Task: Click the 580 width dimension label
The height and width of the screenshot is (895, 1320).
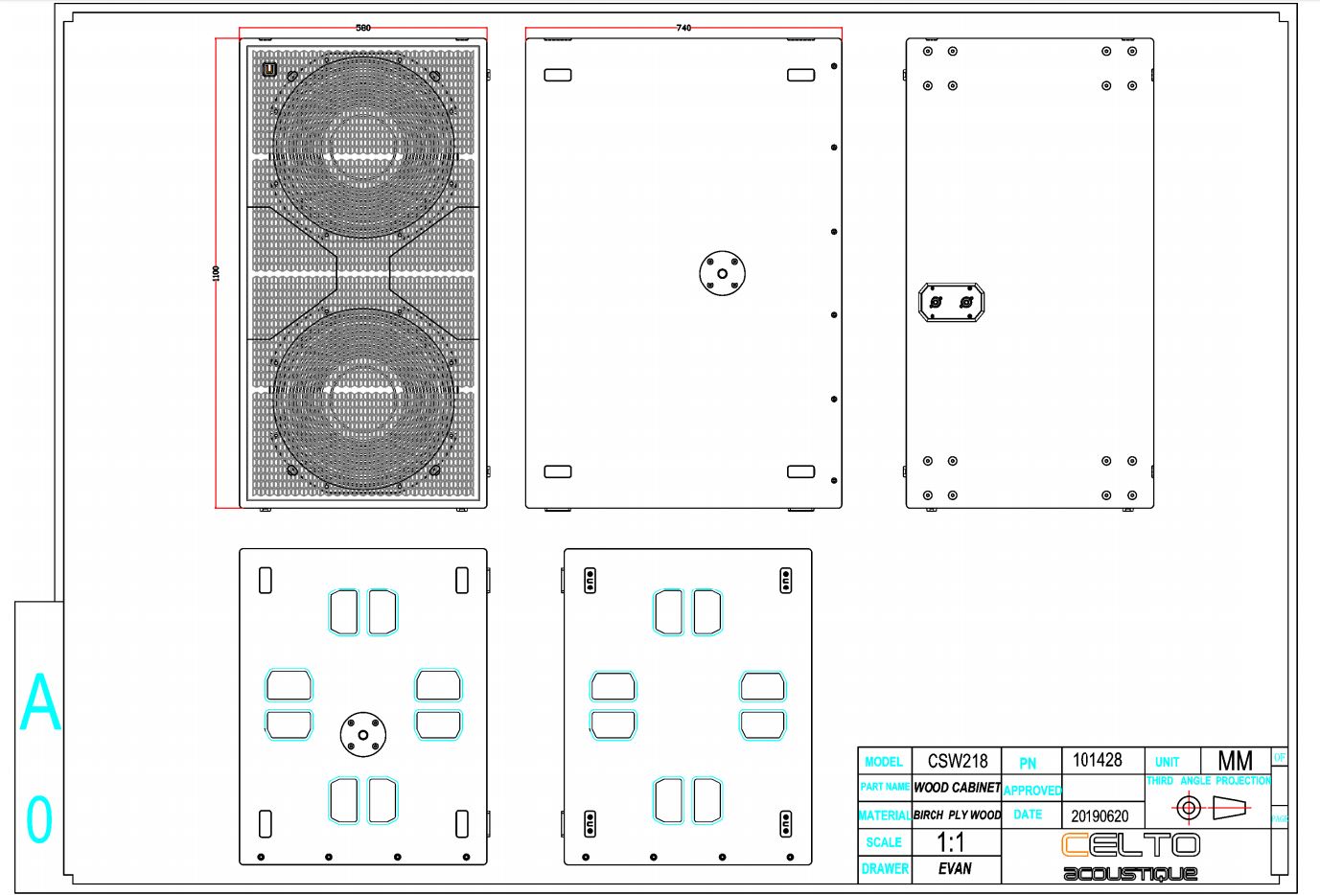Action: (363, 28)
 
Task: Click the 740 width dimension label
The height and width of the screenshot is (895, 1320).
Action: (683, 28)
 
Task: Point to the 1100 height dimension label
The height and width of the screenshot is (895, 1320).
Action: (216, 273)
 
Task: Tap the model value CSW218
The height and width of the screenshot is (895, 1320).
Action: (957, 761)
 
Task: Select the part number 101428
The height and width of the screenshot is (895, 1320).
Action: (1097, 760)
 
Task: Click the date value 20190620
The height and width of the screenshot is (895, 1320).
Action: (1100, 816)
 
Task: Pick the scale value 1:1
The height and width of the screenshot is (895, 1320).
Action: (950, 842)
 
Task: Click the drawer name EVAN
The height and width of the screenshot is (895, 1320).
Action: (955, 869)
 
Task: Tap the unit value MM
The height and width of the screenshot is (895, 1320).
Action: (1235, 761)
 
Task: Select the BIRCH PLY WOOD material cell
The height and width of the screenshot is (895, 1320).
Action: (957, 815)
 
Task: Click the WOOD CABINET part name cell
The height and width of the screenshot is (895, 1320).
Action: (957, 788)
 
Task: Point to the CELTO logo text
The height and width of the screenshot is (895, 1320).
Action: (1130, 844)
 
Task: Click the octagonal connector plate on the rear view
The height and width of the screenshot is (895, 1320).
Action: (952, 303)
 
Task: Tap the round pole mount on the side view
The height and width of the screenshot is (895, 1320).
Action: (723, 273)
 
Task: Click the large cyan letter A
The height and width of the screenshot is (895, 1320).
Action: (40, 702)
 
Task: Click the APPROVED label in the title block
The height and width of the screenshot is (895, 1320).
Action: (1031, 791)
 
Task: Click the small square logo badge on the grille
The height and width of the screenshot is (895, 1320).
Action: (269, 69)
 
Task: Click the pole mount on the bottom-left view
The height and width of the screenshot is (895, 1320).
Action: (363, 735)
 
